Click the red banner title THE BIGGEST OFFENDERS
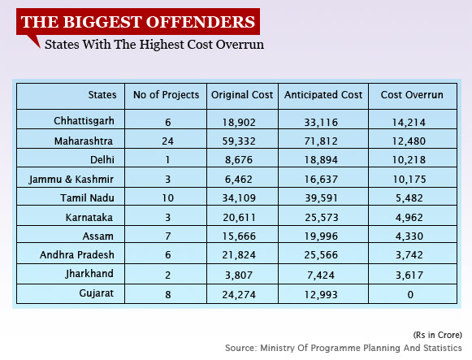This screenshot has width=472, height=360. pyautogui.click(x=138, y=22)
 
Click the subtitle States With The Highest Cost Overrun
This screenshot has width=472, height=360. pyautogui.click(x=154, y=45)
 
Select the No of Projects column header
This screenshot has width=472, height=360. pyautogui.click(x=167, y=95)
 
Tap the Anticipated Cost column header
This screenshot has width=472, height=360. pyautogui.click(x=323, y=95)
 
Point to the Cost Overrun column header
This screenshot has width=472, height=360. pyautogui.click(x=412, y=95)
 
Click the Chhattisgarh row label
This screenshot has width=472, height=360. pyautogui.click(x=84, y=121)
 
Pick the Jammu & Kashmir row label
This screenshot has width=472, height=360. pyautogui.click(x=71, y=180)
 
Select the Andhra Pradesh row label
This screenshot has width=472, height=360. pyautogui.click(x=77, y=255)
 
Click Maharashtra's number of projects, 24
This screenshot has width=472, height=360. pyautogui.click(x=167, y=141)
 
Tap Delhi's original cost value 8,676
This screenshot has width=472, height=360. pyautogui.click(x=239, y=160)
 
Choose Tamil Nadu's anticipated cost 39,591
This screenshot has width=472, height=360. pyautogui.click(x=321, y=198)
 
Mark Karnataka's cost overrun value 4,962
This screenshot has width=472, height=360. pyautogui.click(x=409, y=217)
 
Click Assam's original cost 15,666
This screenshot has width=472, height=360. pyautogui.click(x=239, y=236)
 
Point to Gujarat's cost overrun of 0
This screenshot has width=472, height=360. pyautogui.click(x=410, y=294)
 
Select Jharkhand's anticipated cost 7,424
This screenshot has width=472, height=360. pyautogui.click(x=321, y=275)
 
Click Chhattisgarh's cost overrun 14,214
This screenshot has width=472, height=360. pyautogui.click(x=409, y=123)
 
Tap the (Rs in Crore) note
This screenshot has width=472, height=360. pyautogui.click(x=437, y=335)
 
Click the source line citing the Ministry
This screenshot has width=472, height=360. pyautogui.click(x=344, y=348)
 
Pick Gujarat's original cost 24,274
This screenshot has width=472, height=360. pyautogui.click(x=239, y=295)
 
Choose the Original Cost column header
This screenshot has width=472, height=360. pyautogui.click(x=242, y=95)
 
